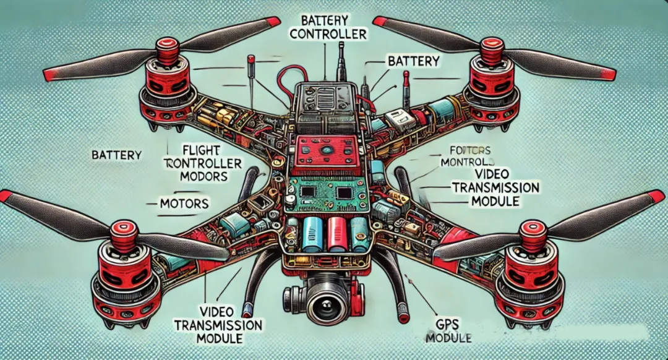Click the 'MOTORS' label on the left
coord(183,203)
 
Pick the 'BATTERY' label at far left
coord(116,155)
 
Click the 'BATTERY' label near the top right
coord(413,61)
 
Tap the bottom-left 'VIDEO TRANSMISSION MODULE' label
coord(218,325)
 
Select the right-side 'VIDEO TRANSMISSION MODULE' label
coord(495,186)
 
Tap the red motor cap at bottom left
coord(121,232)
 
